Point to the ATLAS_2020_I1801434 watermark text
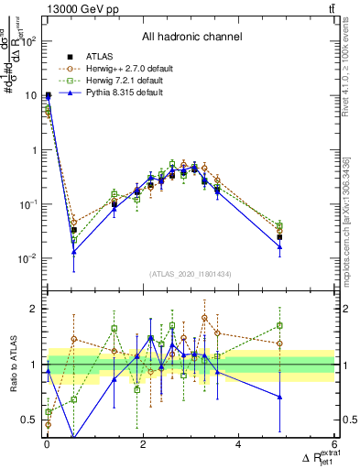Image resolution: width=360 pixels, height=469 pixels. coord(191,274)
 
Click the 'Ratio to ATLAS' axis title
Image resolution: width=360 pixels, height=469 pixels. coord(11,364)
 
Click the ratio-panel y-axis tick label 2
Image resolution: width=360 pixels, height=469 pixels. coord(34,309)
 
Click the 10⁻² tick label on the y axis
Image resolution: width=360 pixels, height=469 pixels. coord(27,258)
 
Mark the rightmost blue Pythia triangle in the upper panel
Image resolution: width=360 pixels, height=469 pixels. coord(279,246)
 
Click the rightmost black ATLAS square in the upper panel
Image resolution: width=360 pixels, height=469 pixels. coord(279,237)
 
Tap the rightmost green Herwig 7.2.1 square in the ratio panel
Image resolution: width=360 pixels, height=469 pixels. coord(279,325)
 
